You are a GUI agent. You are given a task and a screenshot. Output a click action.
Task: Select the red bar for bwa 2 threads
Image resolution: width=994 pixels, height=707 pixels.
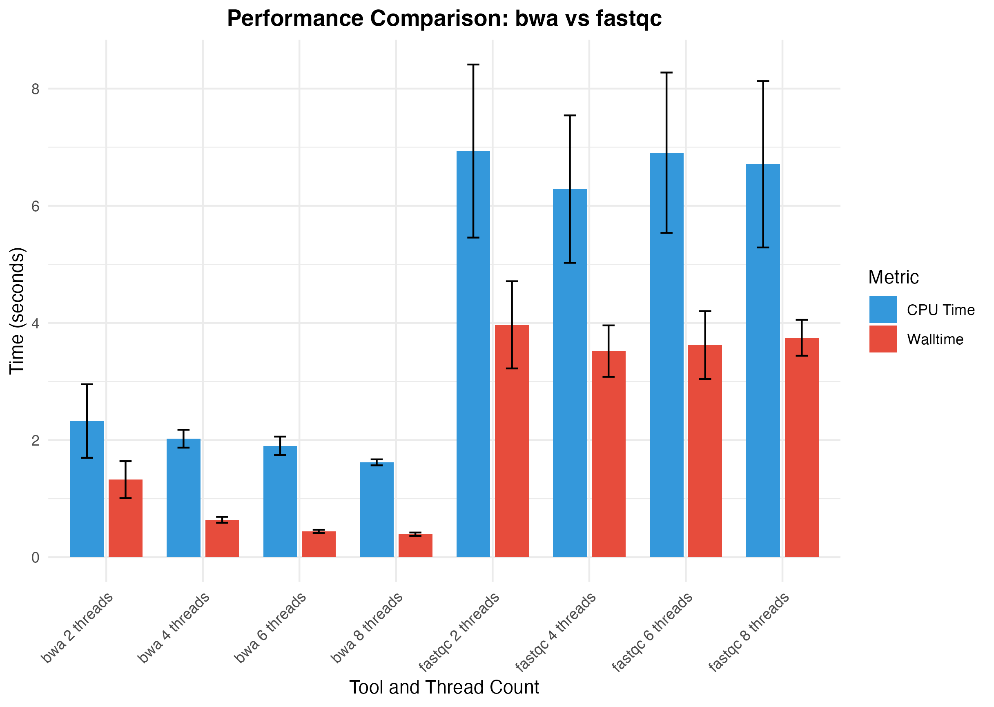coord(125,518)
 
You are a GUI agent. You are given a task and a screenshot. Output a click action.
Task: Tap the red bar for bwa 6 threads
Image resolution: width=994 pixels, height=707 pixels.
coord(319,544)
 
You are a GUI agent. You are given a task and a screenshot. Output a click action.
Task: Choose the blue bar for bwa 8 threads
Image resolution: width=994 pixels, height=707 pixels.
coord(377,509)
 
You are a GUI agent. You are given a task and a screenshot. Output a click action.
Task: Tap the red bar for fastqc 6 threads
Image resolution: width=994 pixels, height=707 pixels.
coord(705,451)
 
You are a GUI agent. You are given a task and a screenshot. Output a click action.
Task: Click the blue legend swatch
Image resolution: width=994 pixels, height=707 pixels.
coord(883,309)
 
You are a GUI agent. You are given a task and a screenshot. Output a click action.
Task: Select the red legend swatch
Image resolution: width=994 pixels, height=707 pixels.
coord(883,339)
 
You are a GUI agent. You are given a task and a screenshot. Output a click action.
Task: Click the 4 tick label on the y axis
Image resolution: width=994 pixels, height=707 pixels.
coord(35,323)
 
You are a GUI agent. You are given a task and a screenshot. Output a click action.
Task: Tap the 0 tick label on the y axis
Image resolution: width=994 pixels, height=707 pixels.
coord(35,558)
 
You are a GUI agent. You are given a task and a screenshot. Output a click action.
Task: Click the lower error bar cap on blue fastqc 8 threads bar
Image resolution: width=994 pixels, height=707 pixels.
coord(763,247)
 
